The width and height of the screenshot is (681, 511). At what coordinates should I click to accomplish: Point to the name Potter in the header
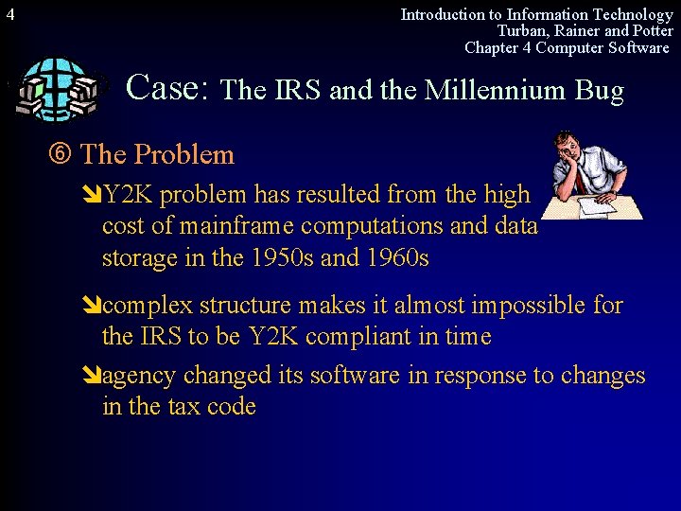tap(652, 31)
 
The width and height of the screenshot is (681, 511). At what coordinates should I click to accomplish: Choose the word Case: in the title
tap(167, 87)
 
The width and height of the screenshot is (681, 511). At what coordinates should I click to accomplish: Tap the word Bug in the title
tap(602, 91)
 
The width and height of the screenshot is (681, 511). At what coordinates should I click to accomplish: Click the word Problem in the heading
tap(183, 154)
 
